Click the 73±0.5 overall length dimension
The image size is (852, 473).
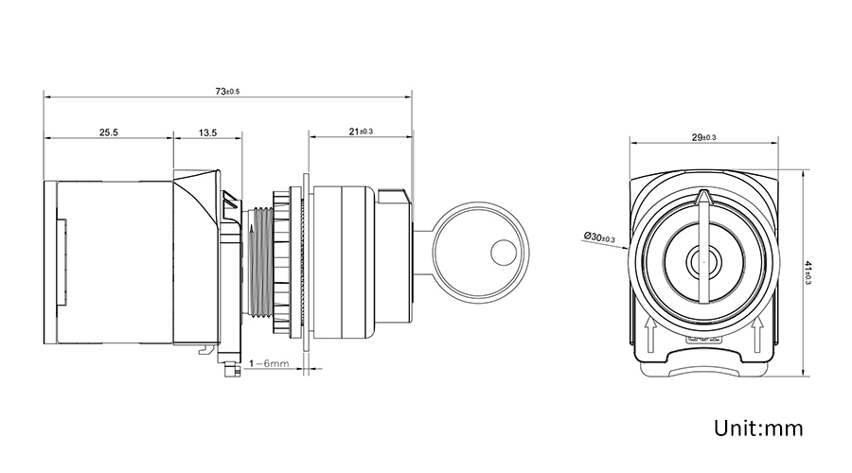(x=227, y=92)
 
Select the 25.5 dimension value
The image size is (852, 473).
(x=108, y=133)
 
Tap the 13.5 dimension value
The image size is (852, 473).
(x=208, y=133)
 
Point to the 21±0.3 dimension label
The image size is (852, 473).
(x=361, y=131)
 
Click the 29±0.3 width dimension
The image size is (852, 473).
(x=703, y=138)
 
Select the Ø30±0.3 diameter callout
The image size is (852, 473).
(x=600, y=236)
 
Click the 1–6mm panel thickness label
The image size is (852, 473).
(x=270, y=363)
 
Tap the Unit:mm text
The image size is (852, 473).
(x=758, y=429)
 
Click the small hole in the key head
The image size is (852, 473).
(x=501, y=253)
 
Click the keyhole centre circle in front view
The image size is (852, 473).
(x=701, y=258)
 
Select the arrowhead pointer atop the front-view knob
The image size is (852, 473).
(x=701, y=198)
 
